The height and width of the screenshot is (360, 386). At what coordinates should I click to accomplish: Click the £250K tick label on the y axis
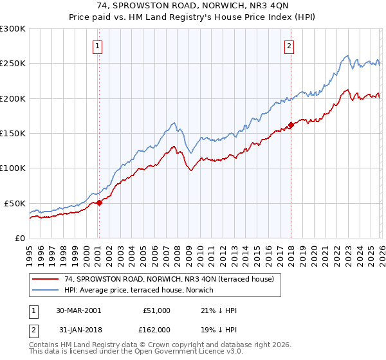[x=13, y=64]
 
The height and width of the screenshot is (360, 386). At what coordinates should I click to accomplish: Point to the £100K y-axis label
[x=13, y=168]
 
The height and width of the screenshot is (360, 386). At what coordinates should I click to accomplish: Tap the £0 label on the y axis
[x=19, y=238]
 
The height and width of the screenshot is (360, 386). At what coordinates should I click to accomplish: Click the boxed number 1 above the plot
[x=98, y=46]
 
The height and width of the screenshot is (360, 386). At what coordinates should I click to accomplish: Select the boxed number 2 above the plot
[x=289, y=46]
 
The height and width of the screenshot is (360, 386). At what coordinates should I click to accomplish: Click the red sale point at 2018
[x=291, y=125]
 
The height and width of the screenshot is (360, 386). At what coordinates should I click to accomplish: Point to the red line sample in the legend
[x=45, y=279]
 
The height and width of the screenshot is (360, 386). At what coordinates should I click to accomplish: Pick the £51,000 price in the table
[x=156, y=310]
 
